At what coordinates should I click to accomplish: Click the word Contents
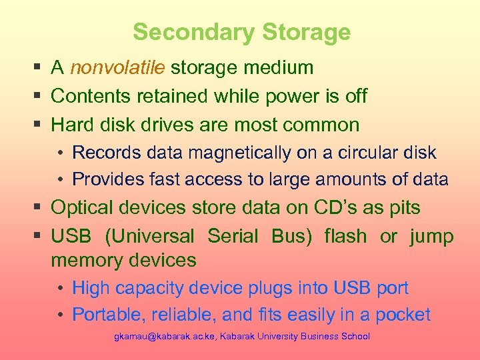point(91,96)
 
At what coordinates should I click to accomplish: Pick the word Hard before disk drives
point(71,125)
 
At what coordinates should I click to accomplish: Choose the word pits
point(403,207)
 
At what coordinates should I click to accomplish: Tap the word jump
point(431,236)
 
